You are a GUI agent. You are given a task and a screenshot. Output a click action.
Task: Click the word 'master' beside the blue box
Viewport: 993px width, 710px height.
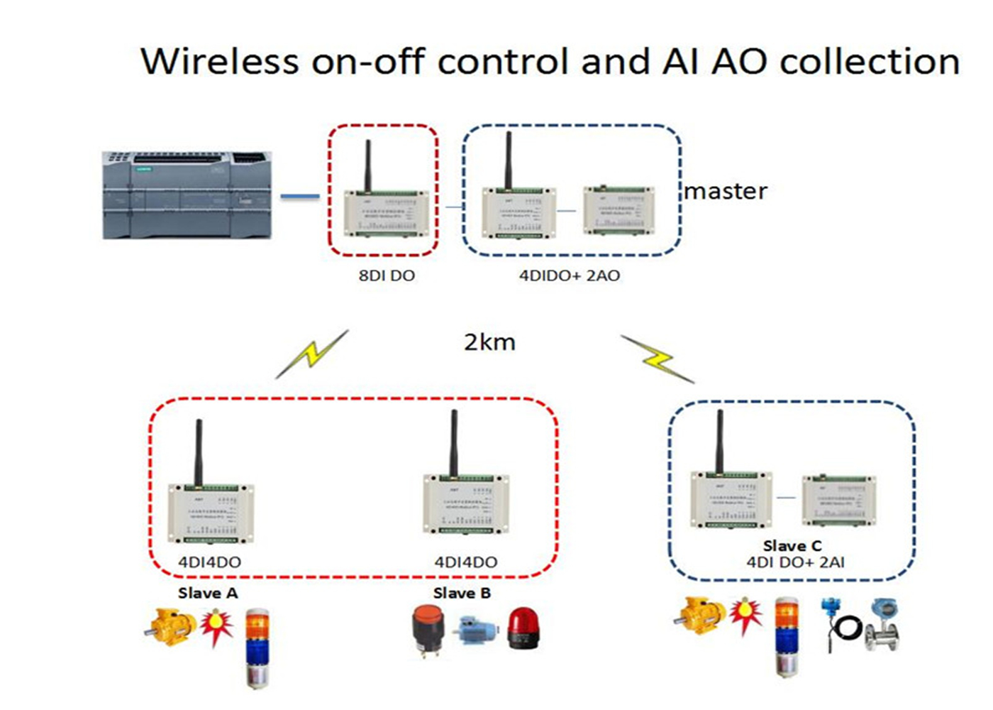[x=726, y=191]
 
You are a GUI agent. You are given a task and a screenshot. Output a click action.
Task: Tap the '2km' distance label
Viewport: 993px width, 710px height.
[x=489, y=342]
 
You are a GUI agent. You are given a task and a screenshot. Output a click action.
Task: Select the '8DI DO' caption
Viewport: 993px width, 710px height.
[x=387, y=275]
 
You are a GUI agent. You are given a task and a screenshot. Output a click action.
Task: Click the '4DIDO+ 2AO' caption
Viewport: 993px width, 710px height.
[x=570, y=275]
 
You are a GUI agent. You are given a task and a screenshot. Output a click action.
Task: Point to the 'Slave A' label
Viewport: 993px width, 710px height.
[x=208, y=593]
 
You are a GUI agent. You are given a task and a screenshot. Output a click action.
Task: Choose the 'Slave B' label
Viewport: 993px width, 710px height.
[x=462, y=593]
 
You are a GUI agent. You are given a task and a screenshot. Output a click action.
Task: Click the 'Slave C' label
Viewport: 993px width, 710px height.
[x=792, y=546]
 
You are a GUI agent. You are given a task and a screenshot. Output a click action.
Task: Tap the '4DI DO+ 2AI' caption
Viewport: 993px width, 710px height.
[x=795, y=562]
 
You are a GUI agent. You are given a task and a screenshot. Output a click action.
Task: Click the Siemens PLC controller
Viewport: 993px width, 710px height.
[x=187, y=195]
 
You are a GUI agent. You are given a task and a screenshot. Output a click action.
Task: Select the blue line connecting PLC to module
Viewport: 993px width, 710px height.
[x=300, y=196]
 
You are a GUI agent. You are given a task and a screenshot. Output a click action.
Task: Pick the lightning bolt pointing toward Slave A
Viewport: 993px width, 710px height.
[x=311, y=354]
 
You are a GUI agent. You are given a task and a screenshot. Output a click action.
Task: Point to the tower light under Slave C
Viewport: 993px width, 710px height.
[x=786, y=635]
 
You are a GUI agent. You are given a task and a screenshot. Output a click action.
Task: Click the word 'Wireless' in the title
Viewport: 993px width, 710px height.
[x=220, y=61]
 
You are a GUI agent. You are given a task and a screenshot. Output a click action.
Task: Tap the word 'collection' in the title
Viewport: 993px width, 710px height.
[x=870, y=61]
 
